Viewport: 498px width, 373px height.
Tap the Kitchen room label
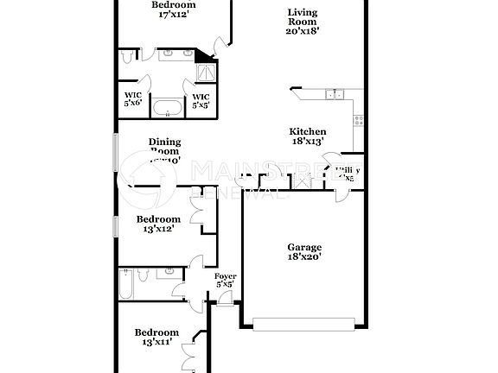307,132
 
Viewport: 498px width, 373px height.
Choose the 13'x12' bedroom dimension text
158,229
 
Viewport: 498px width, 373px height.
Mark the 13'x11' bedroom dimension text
156,342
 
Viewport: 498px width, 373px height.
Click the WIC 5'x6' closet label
132,99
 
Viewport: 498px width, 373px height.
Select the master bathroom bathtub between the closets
167,108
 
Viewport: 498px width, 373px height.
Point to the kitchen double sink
334,94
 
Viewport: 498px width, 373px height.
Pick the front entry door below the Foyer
225,299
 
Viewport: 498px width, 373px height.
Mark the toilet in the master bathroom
128,56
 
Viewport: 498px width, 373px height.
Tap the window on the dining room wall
115,155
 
